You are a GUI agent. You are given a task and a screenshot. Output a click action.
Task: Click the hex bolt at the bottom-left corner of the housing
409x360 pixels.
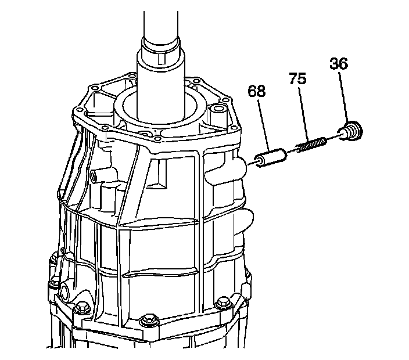(x=81, y=306)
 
